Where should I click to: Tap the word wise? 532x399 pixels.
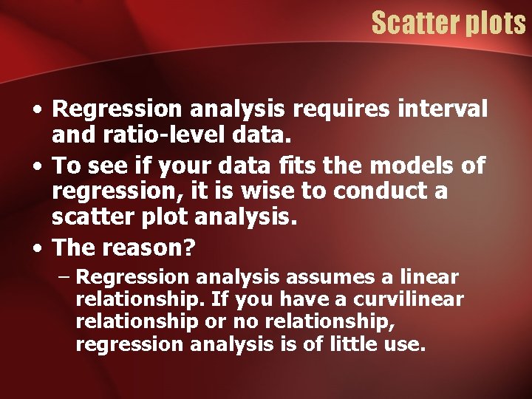(x=266, y=191)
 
